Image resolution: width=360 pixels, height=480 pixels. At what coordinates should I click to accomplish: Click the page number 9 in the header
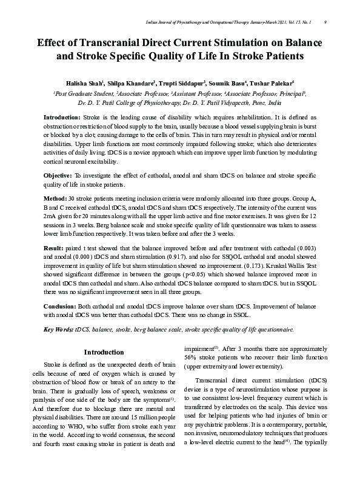[327, 22]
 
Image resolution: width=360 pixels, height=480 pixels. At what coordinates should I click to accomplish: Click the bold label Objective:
[58, 175]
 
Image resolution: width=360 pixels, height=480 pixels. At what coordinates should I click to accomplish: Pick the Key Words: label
[58, 329]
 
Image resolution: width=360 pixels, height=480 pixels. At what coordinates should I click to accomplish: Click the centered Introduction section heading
[104, 352]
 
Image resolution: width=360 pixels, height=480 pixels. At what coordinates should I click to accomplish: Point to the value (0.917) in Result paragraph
[202, 258]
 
